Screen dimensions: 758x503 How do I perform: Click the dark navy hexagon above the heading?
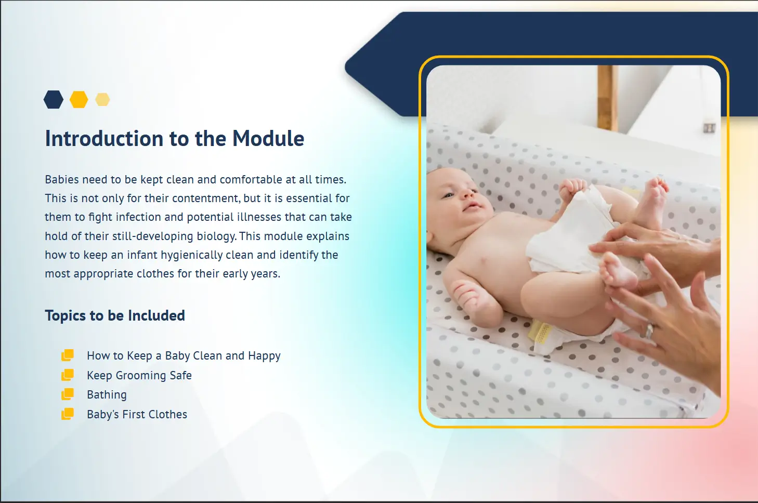[x=54, y=99]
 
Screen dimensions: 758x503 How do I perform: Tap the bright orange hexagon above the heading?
[x=79, y=99]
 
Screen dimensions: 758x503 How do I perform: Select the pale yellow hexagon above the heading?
[x=102, y=99]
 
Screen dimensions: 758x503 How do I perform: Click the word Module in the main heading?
[x=268, y=138]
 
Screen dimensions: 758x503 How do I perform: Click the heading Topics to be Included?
[x=115, y=315]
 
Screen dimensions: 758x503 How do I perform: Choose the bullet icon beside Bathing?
[x=68, y=394]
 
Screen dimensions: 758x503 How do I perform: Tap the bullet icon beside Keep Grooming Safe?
[x=68, y=375]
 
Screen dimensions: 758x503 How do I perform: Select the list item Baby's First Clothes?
[x=137, y=414]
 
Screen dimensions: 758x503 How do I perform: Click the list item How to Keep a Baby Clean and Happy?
[x=184, y=356]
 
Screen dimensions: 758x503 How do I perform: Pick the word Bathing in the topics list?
[x=107, y=395]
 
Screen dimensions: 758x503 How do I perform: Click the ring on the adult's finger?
[x=649, y=331]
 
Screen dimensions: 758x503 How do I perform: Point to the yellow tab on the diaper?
[x=540, y=332]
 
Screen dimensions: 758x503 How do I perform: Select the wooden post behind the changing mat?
[x=607, y=98]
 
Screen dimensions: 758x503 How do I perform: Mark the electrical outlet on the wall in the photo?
[x=709, y=128]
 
